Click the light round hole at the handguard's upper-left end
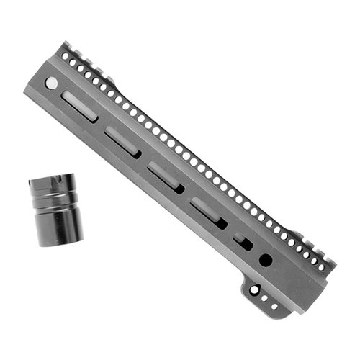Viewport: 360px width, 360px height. click(51, 84)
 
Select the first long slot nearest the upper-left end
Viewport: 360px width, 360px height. click(78, 104)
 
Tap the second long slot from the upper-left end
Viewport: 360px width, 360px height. click(122, 140)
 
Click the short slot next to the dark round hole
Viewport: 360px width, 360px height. click(243, 243)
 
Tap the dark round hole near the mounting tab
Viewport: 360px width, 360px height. click(266, 259)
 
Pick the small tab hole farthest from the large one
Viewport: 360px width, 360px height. click(274, 306)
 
